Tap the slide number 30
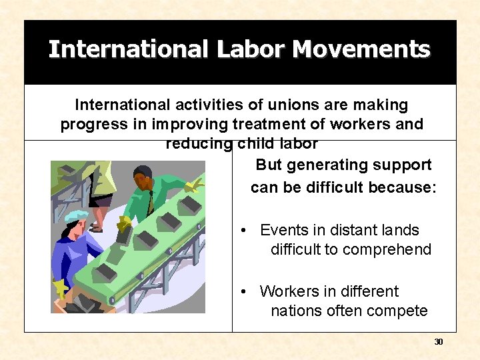pos(438,342)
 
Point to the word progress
pos(92,125)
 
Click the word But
pos(269,165)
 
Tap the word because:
pos(399,187)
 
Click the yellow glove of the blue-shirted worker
pos(61,288)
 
